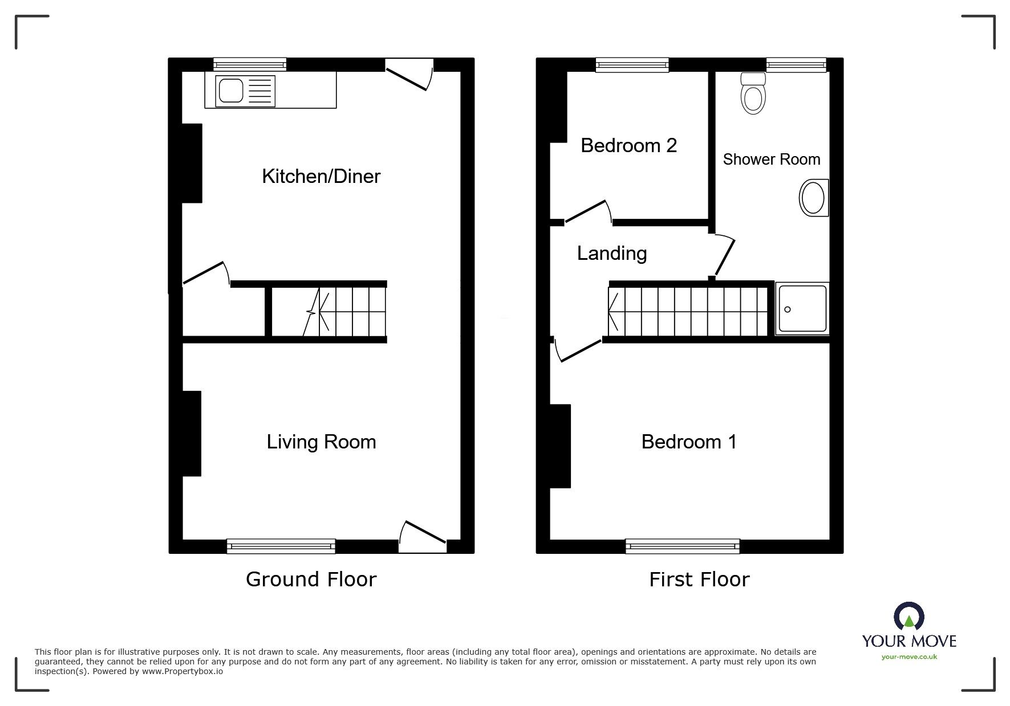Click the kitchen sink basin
231,91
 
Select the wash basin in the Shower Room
813,198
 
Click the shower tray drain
788,309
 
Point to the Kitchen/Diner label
321,176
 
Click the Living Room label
321,442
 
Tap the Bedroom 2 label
628,145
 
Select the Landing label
611,253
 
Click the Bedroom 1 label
689,442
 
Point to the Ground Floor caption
311,579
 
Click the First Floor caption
699,580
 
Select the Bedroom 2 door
587,211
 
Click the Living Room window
281,546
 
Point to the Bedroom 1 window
682,546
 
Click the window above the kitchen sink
250,64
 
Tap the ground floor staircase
344,312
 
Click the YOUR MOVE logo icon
908,617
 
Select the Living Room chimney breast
192,433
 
